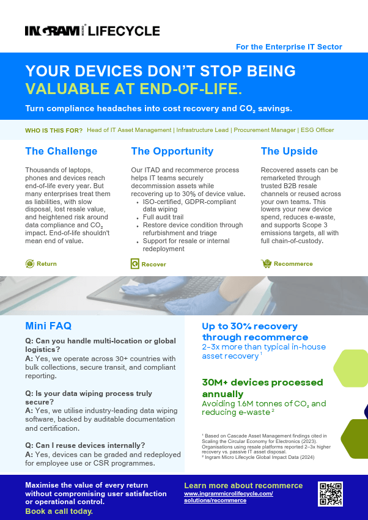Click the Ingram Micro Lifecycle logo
pos(92,31)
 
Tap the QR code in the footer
pos(330,494)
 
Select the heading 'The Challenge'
pos(61,151)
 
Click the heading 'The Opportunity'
pos(172,151)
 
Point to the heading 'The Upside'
pos(289,151)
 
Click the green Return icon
pos(30,263)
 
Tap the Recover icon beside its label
pos(135,264)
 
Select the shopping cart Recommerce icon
pos(266,263)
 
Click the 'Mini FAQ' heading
pos(57,326)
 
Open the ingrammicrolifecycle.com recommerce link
pos(228,497)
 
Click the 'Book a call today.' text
pos(59,511)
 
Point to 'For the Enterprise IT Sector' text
pos(289,46)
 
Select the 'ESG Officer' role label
pos(317,130)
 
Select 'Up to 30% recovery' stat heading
pos(249,326)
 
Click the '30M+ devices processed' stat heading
pos(262,383)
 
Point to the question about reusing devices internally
pos(85,445)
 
